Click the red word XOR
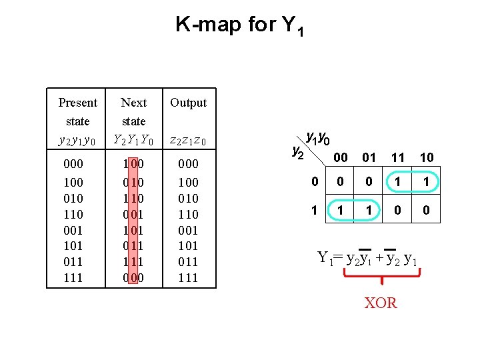(381, 303)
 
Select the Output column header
(188, 103)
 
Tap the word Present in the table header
(77, 103)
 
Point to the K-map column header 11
(398, 157)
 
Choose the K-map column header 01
(369, 157)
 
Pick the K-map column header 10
(427, 157)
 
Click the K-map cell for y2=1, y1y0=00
(340, 210)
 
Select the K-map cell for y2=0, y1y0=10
(427, 181)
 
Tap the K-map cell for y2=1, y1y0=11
(398, 210)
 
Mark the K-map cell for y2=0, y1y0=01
(369, 181)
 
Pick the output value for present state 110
(188, 214)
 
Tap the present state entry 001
(73, 230)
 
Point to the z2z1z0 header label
(188, 141)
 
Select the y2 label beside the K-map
(298, 152)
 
